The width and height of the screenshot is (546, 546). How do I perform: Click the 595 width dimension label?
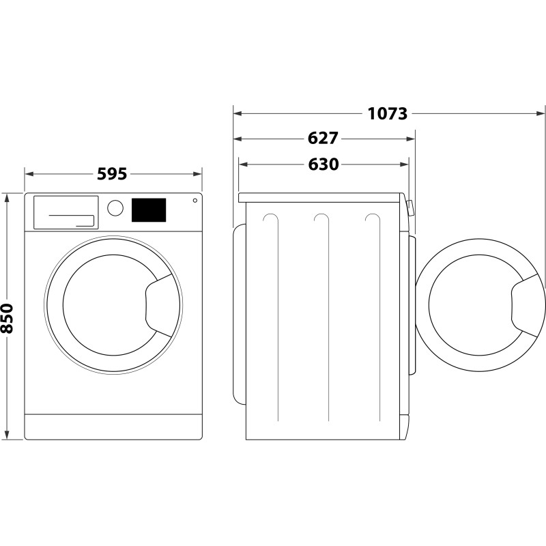point(112,174)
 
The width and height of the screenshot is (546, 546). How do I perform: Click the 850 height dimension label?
point(8,318)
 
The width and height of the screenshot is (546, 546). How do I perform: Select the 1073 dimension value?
point(388,113)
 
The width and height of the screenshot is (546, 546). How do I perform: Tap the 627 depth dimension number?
point(323,139)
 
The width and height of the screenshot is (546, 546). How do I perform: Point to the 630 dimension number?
point(323,164)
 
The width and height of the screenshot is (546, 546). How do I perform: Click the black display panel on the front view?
point(149,210)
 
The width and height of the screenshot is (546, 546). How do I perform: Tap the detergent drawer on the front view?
point(66,212)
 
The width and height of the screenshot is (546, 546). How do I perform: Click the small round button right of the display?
point(195,201)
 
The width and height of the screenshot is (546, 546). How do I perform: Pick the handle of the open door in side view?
point(526,304)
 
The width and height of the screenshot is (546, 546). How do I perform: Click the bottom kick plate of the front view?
point(113,427)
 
